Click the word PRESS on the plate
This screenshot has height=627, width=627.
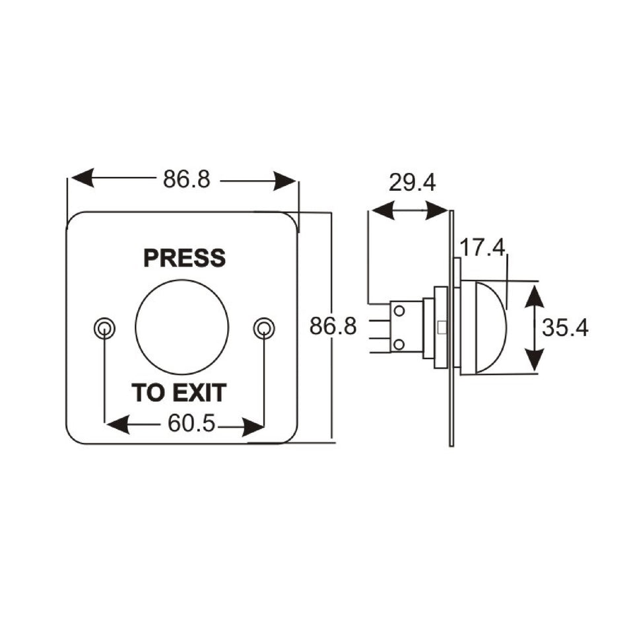[184, 258]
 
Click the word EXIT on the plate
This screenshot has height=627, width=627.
[200, 393]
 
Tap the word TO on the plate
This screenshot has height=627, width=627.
[147, 393]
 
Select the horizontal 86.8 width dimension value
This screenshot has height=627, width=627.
[187, 180]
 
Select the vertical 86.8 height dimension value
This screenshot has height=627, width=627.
[334, 327]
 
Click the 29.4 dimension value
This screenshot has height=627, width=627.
[412, 183]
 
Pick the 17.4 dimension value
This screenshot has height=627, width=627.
[482, 248]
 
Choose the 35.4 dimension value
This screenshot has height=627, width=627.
[565, 327]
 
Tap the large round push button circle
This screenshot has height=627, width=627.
[181, 327]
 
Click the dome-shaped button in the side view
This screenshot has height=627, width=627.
[485, 325]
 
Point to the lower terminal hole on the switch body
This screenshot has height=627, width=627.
[399, 344]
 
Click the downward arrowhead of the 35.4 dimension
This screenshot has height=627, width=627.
[534, 360]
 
